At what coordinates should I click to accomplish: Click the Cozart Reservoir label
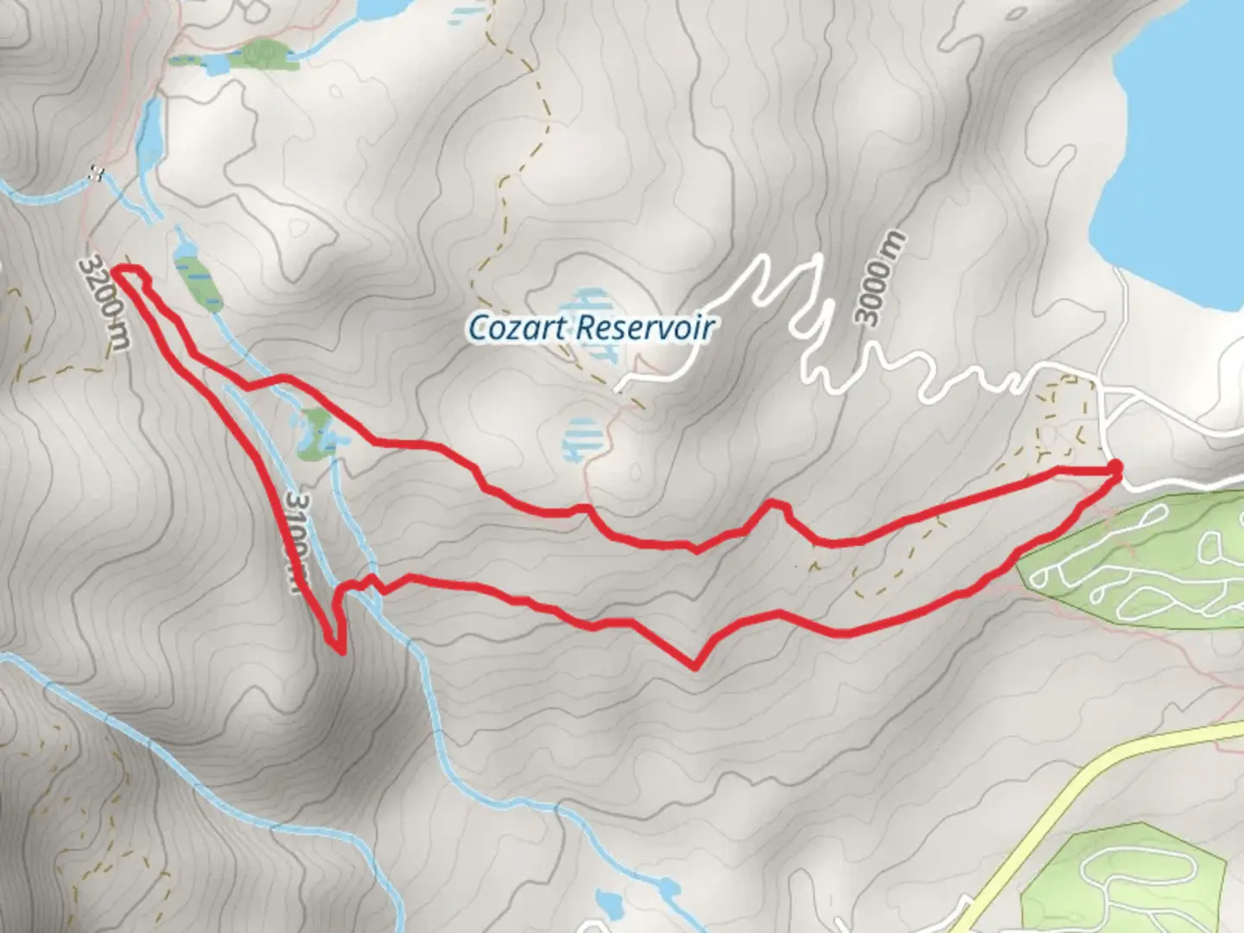click(x=591, y=327)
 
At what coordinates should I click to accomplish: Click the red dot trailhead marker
click(x=1114, y=468)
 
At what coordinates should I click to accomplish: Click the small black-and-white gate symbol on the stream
click(x=98, y=173)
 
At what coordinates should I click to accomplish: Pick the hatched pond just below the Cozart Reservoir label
click(x=580, y=438)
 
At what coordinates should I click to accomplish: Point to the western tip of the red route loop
click(x=117, y=274)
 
